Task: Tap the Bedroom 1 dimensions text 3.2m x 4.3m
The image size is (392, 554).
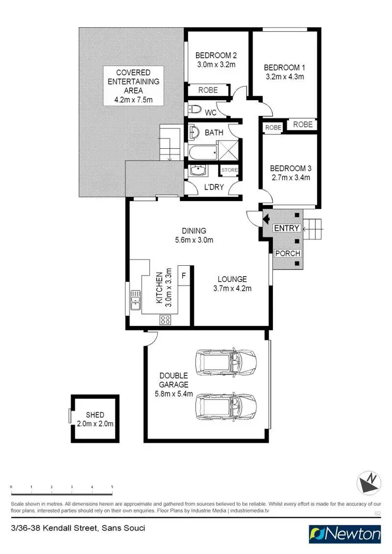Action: coord(284,77)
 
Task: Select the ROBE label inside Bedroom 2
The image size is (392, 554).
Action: coord(208,90)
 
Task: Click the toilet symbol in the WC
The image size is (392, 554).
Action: coord(194,110)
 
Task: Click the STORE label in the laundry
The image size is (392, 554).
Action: coord(229,170)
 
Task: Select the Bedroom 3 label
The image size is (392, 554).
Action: coord(291,168)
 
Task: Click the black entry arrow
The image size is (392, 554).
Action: coord(266,219)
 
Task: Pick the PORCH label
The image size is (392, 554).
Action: coord(288,254)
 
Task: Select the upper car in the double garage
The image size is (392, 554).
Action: coord(225,361)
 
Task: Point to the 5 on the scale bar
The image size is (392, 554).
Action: coord(112,487)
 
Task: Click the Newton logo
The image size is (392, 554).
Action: coord(345,534)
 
